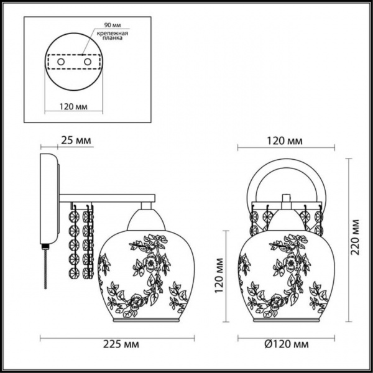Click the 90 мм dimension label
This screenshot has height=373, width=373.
tap(113, 25)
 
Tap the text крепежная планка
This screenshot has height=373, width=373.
tap(113, 35)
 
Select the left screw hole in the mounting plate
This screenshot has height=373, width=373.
tap(61, 62)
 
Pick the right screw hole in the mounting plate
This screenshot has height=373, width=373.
tap(88, 62)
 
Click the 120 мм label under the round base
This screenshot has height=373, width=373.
tap(73, 106)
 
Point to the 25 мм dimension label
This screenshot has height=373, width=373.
tap(76, 140)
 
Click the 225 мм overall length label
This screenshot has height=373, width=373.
tap(121, 344)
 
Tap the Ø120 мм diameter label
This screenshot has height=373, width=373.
tap(287, 344)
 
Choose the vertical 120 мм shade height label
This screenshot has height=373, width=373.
tap(219, 275)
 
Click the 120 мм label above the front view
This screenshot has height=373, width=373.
tap(285, 141)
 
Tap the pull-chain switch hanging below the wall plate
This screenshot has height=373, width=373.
tap(45, 266)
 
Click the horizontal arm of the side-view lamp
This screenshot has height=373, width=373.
tap(107, 198)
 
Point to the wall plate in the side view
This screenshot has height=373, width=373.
tap(49, 199)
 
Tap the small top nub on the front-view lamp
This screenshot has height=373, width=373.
tap(287, 198)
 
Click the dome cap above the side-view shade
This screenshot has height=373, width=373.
tap(146, 220)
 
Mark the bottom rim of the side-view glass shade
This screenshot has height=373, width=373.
tap(146, 320)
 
